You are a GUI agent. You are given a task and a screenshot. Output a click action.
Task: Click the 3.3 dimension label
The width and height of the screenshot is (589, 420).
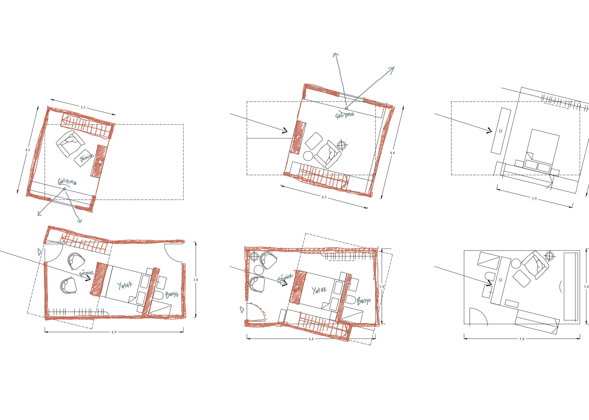[x=83, y=107]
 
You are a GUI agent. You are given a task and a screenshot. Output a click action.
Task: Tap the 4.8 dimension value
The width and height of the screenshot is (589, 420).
[x=392, y=153]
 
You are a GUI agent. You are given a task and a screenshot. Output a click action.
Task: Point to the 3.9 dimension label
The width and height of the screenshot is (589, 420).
[x=534, y=199]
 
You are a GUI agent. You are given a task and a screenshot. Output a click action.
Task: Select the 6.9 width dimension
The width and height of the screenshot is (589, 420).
[x=114, y=332]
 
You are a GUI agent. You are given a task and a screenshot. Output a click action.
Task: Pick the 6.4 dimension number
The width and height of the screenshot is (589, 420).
[x=311, y=339]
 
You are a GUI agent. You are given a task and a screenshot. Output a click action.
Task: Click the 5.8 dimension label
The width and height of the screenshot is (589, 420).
[x=522, y=339]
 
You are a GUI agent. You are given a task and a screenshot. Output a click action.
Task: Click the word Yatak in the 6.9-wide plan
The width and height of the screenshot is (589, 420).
[x=125, y=285]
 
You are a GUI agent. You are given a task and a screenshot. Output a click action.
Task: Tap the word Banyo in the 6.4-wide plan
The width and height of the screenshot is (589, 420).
[x=364, y=301]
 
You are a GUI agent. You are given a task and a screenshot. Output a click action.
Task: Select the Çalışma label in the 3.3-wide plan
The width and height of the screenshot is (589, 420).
[x=67, y=181]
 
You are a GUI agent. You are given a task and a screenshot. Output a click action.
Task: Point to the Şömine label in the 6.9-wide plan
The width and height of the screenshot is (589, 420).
[x=86, y=273]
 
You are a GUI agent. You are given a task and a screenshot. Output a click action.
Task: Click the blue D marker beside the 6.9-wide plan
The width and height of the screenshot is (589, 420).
[x=39, y=252]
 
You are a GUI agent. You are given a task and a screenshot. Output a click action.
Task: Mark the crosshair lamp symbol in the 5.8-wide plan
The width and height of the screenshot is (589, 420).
[x=549, y=256]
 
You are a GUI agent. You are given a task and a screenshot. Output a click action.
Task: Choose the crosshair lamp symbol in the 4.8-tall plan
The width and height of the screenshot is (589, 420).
[x=342, y=145]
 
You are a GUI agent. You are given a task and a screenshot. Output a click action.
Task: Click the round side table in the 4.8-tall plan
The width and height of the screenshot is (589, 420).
[x=308, y=156]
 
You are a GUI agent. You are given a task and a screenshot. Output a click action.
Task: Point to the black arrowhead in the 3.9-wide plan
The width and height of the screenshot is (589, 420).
[x=489, y=130]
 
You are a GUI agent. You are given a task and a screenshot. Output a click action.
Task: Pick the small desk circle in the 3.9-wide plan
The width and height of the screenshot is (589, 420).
[x=501, y=131]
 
